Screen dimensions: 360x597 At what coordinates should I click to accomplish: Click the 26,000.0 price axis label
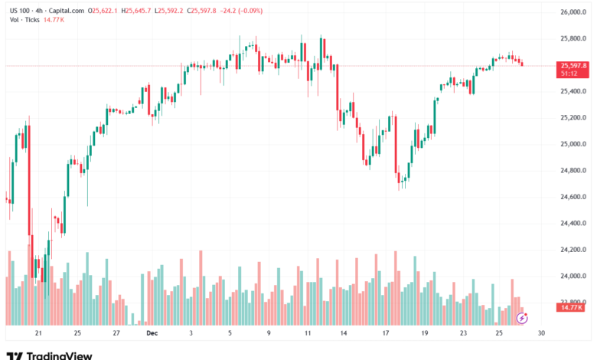[x=573, y=12]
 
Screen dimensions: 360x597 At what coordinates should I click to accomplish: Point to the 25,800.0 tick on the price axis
[x=573, y=38]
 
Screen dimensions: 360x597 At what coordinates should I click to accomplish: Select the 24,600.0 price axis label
[x=573, y=197]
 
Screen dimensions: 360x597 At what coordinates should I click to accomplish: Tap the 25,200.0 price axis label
[x=573, y=117]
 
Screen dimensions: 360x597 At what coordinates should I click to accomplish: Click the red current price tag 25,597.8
[x=573, y=66]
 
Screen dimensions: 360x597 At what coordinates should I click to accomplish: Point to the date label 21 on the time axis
[x=38, y=334]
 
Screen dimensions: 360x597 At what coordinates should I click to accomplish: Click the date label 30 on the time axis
[x=541, y=334]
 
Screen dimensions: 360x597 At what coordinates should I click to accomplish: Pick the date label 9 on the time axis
[x=269, y=334]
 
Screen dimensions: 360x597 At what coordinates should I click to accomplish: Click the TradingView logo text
[x=59, y=355]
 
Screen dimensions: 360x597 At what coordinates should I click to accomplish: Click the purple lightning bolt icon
[x=523, y=316]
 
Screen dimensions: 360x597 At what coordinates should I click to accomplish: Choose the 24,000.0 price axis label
[x=573, y=276]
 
